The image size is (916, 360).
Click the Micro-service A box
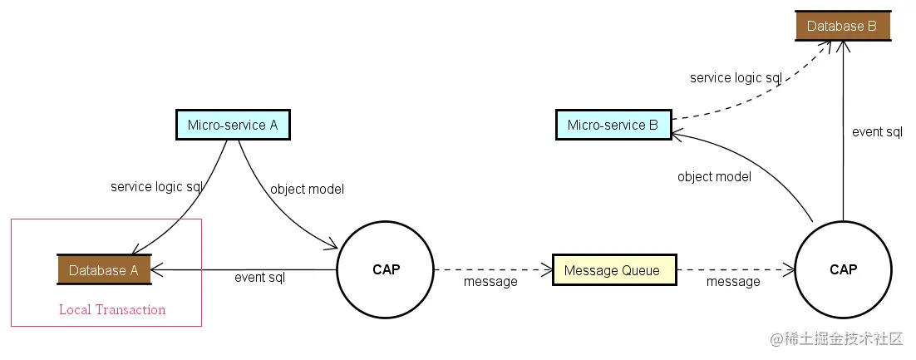(233, 125)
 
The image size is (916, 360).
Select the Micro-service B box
(613, 126)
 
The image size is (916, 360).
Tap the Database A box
(104, 269)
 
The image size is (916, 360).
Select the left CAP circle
(385, 269)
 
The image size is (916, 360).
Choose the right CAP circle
(843, 269)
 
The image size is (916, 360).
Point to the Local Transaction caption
(112, 310)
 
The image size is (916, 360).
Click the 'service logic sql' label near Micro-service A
(156, 187)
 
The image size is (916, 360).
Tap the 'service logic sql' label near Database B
(736, 78)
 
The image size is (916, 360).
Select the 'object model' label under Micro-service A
(307, 189)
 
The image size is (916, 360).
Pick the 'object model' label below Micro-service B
(714, 176)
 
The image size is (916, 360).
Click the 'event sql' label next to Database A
(259, 278)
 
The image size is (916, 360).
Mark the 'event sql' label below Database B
(877, 131)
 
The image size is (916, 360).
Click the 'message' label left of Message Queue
(490, 281)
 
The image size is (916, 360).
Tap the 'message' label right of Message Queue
(733, 281)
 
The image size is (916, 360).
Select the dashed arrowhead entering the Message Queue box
(547, 270)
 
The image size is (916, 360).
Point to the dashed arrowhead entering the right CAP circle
(790, 270)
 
